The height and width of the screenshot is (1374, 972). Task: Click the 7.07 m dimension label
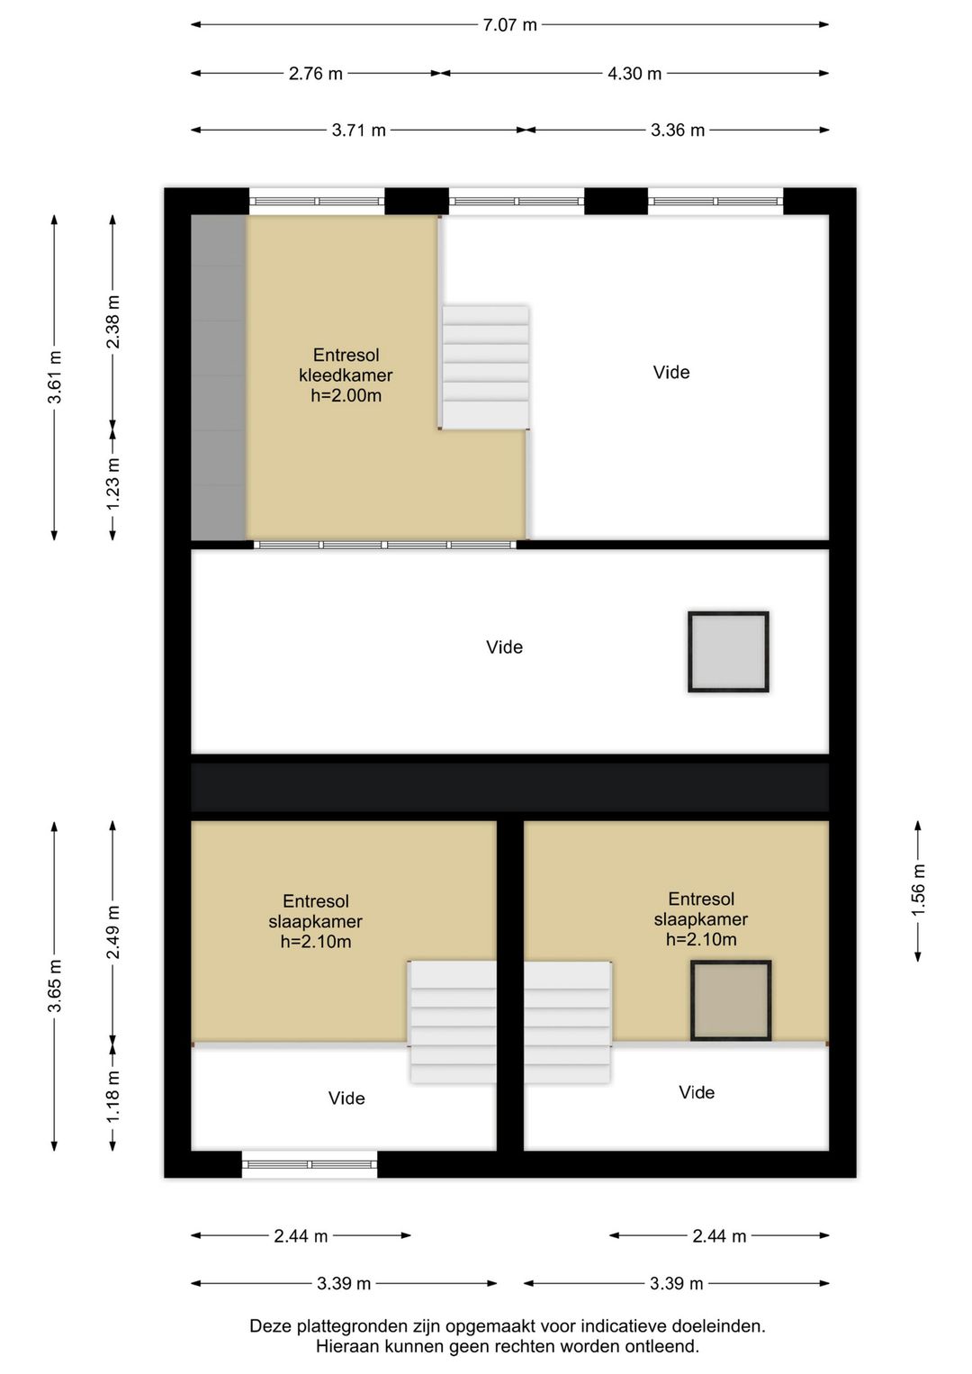tap(509, 25)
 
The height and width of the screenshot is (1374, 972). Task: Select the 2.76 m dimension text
tap(315, 74)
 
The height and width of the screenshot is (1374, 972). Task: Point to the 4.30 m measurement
tap(634, 74)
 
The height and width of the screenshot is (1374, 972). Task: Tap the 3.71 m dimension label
tap(359, 130)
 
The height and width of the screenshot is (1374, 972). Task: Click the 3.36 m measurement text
tap(678, 130)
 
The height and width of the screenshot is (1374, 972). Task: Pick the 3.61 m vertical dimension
tap(55, 376)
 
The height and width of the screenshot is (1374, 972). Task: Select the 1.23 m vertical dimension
tap(112, 484)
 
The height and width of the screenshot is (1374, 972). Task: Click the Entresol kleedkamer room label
tap(346, 375)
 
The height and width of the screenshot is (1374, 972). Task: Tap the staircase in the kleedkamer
tap(486, 367)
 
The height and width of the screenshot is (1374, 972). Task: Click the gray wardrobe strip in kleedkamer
tap(219, 377)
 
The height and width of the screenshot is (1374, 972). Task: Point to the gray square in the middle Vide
tap(728, 651)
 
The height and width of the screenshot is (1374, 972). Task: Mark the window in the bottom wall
tap(310, 1163)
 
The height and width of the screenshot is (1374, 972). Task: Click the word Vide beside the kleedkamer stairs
tap(670, 373)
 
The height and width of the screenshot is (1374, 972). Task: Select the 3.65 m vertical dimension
tap(55, 985)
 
